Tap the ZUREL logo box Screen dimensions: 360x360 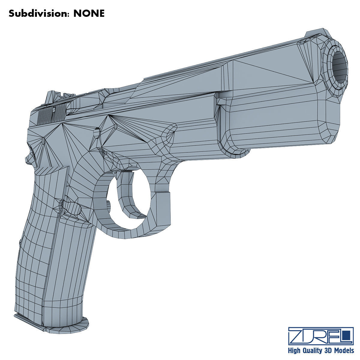pos(320,336)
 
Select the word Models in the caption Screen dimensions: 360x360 pos(344,350)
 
